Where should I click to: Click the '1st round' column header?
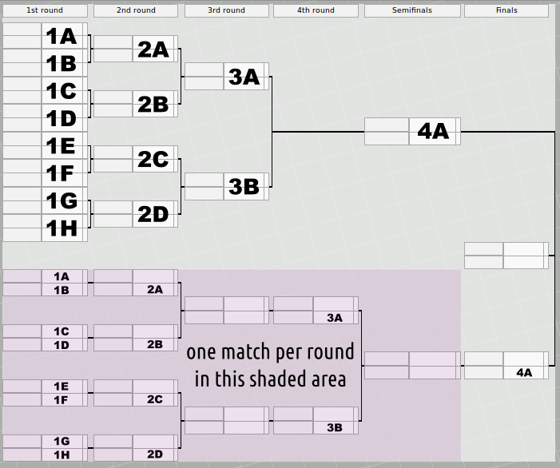[x=45, y=10]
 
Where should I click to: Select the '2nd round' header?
[x=135, y=10]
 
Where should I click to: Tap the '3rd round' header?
[x=226, y=10]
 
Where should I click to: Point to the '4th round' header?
[x=315, y=10]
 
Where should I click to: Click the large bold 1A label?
[x=61, y=36]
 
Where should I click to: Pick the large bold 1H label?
[x=61, y=229]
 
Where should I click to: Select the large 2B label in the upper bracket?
[x=153, y=104]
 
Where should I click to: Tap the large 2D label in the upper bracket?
[x=153, y=214]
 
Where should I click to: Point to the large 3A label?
[x=244, y=77]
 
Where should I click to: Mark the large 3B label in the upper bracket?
[x=244, y=187]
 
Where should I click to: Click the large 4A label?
[x=433, y=132]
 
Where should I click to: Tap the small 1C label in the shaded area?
[x=62, y=331]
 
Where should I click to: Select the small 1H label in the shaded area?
[x=62, y=454]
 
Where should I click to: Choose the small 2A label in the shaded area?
[x=155, y=290]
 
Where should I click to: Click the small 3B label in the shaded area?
[x=335, y=428]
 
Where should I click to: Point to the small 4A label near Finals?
[x=524, y=373]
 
